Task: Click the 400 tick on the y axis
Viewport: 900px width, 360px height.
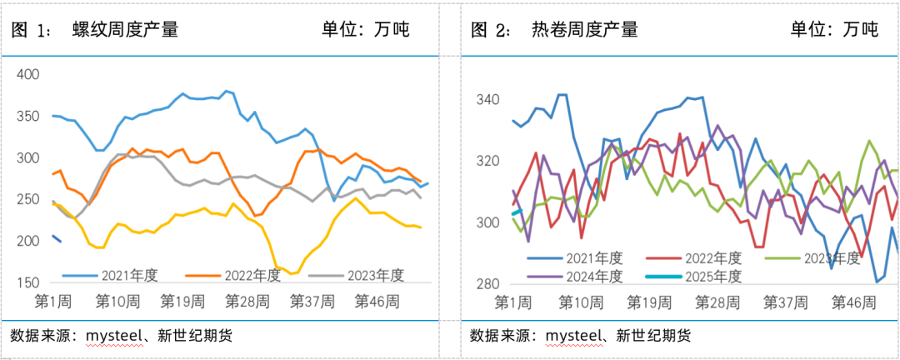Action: point(28,75)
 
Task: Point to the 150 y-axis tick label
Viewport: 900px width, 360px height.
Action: point(28,283)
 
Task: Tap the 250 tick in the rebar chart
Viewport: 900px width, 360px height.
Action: point(28,200)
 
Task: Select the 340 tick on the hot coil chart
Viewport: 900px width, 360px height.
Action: point(487,100)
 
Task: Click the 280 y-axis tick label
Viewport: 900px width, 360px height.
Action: point(487,284)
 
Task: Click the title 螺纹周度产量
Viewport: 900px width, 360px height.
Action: point(126,30)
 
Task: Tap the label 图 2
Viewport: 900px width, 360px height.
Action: point(491,30)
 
